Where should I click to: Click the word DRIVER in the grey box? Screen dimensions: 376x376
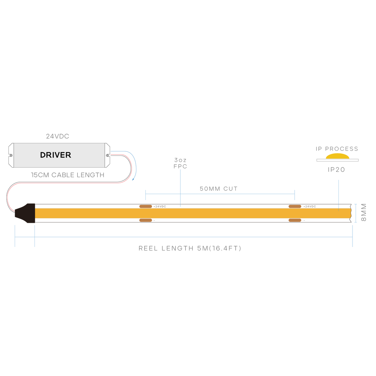(x=55, y=155)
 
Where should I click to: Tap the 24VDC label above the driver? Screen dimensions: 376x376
(x=58, y=136)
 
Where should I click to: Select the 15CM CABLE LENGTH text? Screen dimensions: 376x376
(x=68, y=175)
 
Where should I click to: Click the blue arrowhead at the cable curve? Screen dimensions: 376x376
(x=133, y=179)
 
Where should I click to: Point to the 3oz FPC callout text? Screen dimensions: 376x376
(x=180, y=163)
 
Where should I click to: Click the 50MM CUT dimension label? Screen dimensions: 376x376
(x=218, y=189)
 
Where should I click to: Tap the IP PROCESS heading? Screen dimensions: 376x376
(x=337, y=149)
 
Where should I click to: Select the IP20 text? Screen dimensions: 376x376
(x=337, y=170)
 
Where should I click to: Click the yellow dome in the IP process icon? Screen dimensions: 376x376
(x=337, y=156)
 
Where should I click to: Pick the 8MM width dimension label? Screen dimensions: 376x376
(x=364, y=212)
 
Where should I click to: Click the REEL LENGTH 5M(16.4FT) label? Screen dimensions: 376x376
(x=190, y=248)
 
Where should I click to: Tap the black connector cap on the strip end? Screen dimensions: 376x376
(x=25, y=213)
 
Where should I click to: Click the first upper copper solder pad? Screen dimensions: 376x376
(x=146, y=206)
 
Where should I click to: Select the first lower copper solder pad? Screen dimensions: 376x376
(x=146, y=220)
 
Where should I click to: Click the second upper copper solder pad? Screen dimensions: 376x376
(x=295, y=206)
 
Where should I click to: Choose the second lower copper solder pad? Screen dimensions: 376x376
(x=295, y=220)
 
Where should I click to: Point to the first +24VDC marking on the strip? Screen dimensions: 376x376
(x=159, y=206)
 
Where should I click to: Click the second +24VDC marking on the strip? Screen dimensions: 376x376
(x=310, y=206)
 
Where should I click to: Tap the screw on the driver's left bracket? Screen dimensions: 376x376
(x=11, y=155)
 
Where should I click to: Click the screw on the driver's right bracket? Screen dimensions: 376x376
(x=107, y=155)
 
